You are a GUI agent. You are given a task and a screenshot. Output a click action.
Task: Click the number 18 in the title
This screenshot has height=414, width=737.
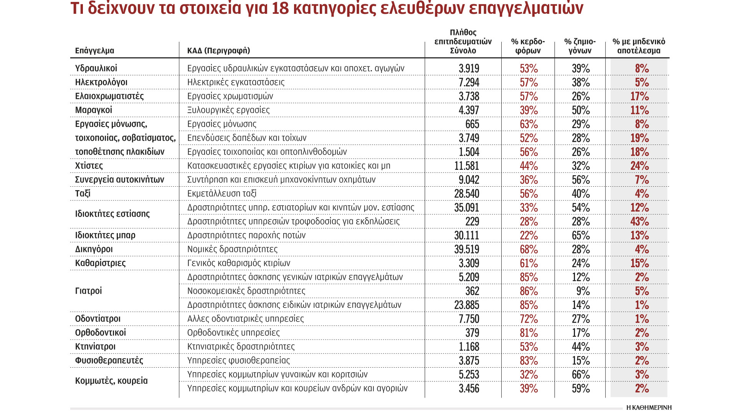pyautogui.click(x=280, y=8)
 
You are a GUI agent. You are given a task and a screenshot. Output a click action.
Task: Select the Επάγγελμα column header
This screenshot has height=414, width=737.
pyautogui.click(x=94, y=51)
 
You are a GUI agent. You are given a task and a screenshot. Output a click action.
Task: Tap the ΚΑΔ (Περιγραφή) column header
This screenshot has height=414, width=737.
pyautogui.click(x=218, y=51)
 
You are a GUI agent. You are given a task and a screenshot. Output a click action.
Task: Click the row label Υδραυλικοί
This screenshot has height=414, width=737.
pyautogui.click(x=96, y=68)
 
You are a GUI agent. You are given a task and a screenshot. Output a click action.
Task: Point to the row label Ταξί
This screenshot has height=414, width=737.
pyautogui.click(x=83, y=193)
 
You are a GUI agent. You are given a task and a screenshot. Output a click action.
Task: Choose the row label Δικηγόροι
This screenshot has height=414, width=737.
pyautogui.click(x=94, y=249)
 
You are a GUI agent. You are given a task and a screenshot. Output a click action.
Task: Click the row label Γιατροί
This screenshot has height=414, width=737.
pyautogui.click(x=88, y=291)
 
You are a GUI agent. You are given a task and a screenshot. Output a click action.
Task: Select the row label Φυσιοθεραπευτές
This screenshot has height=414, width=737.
pyautogui.click(x=109, y=360)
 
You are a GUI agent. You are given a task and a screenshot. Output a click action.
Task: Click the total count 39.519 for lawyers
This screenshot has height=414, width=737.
pyautogui.click(x=466, y=249)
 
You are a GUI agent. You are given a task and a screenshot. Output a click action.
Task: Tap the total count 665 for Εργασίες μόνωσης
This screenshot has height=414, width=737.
pyautogui.click(x=472, y=124)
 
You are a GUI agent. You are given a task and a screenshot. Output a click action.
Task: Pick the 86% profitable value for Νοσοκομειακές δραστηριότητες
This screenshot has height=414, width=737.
pyautogui.click(x=529, y=291)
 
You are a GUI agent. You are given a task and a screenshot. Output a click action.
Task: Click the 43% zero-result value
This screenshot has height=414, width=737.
pyautogui.click(x=639, y=222)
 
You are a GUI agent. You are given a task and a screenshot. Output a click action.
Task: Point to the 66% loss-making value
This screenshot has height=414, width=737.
pyautogui.click(x=580, y=375)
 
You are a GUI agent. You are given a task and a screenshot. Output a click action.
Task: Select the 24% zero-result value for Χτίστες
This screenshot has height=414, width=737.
pyautogui.click(x=639, y=166)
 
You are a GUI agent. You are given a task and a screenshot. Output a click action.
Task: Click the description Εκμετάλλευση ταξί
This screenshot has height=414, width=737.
pyautogui.click(x=221, y=194)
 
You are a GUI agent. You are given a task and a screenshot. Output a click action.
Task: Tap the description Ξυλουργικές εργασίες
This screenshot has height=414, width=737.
pyautogui.click(x=228, y=110)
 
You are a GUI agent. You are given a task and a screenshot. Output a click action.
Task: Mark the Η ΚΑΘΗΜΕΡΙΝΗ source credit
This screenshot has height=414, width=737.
pyautogui.click(x=648, y=407)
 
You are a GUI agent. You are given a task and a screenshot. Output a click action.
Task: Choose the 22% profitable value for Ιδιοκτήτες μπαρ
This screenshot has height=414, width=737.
pyautogui.click(x=529, y=235)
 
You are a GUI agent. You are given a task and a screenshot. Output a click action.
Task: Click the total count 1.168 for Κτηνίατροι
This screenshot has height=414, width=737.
pyautogui.click(x=469, y=347)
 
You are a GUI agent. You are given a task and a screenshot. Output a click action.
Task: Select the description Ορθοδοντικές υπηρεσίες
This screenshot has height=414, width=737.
pyautogui.click(x=233, y=333)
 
